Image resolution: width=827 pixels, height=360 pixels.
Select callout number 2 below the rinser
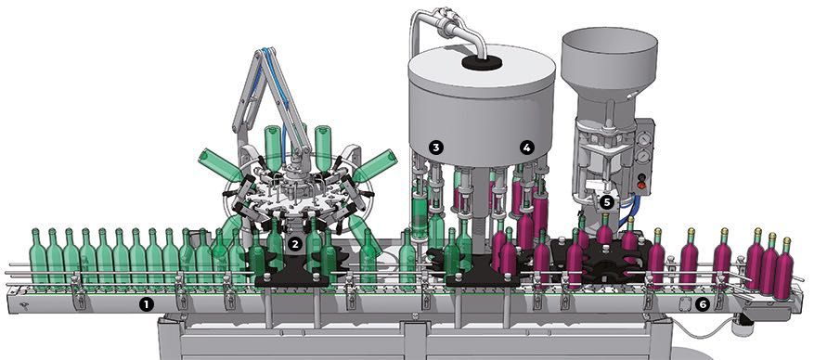(x=294, y=244)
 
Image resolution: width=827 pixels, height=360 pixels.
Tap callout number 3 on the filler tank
(x=435, y=147)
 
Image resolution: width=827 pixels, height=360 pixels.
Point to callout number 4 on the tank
(x=527, y=147)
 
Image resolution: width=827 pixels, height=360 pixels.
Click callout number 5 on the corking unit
(x=606, y=199)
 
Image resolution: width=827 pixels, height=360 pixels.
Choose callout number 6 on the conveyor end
(x=703, y=303)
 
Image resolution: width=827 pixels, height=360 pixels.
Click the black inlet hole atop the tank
(x=483, y=62)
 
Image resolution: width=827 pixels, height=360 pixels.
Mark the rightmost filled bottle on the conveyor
(x=785, y=269)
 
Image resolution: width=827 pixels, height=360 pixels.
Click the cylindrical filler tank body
(x=483, y=102)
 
